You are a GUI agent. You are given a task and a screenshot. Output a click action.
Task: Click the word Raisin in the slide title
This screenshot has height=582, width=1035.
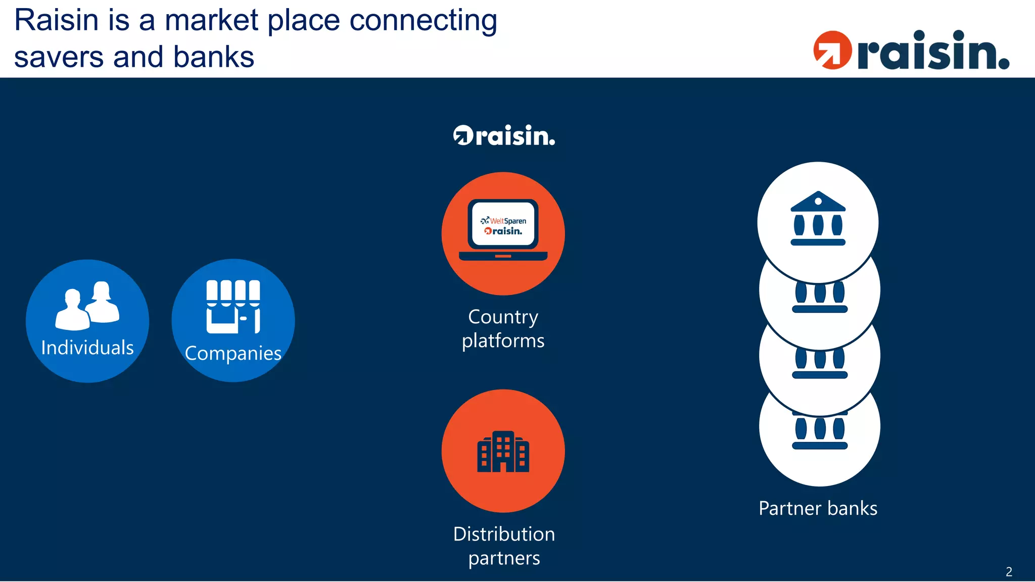click(x=56, y=21)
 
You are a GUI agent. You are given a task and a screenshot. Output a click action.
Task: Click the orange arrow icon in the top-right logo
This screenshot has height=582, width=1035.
click(x=832, y=50)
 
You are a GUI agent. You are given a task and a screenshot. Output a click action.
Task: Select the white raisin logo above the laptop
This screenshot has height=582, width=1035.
click(x=504, y=135)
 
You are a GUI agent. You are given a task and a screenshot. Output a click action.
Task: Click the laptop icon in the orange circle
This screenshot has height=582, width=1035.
click(x=503, y=230)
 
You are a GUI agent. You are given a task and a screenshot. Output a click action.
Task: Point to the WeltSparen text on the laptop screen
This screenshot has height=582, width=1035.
click(x=507, y=221)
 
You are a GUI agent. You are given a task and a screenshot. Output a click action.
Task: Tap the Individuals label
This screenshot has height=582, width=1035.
click(x=87, y=348)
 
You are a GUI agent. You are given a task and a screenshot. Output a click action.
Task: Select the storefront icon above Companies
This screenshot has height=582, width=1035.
click(x=233, y=307)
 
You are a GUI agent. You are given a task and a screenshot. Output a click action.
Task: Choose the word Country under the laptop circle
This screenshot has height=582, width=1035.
click(x=503, y=317)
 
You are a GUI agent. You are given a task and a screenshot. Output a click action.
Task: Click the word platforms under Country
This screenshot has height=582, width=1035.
click(x=503, y=341)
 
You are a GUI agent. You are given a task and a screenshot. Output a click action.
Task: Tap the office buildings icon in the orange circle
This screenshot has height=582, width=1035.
click(x=503, y=452)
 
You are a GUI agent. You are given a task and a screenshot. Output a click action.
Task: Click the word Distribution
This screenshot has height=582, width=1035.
click(x=504, y=535)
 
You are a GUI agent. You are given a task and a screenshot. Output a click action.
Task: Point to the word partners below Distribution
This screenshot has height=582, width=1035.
click(x=504, y=558)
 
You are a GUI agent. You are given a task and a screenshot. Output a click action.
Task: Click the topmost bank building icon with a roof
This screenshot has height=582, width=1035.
click(x=818, y=218)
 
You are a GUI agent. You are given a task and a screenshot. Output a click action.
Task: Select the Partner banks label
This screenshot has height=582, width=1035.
click(x=818, y=508)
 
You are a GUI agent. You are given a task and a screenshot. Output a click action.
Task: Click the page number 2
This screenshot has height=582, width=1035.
click(x=1009, y=572)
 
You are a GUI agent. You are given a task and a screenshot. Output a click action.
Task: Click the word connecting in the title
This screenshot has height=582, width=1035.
click(x=424, y=21)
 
